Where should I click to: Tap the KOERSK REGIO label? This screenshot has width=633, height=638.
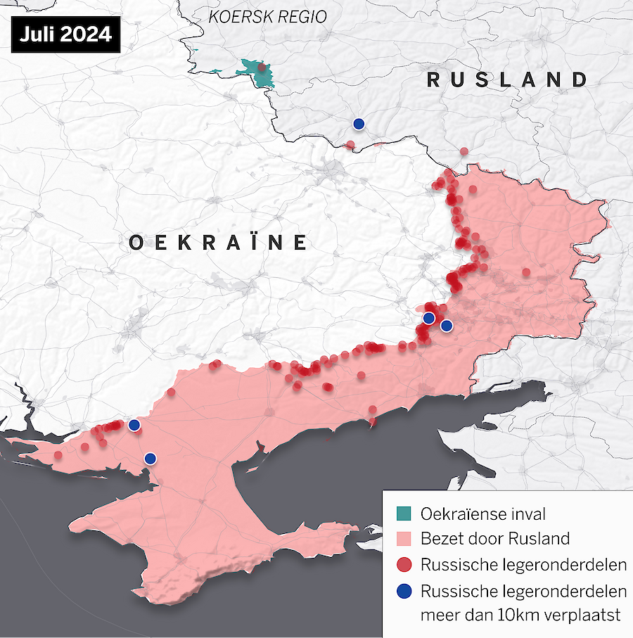(x=268, y=16)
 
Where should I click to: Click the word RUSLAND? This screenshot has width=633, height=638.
(x=507, y=79)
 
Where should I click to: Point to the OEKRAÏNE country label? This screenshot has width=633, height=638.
(x=219, y=243)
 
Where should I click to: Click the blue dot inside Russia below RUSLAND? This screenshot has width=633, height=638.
(x=359, y=124)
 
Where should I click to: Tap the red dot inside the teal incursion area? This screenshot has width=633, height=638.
(x=262, y=68)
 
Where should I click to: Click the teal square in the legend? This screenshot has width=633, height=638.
(x=403, y=514)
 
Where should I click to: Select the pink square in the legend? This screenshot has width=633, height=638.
(x=403, y=540)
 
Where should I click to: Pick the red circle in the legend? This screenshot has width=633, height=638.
(x=403, y=565)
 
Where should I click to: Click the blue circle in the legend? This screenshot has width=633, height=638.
(x=403, y=591)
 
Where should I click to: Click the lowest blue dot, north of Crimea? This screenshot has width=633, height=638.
(x=150, y=459)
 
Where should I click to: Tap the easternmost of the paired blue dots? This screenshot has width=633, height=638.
(x=446, y=325)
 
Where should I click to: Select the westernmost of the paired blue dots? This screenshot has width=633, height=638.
(x=428, y=318)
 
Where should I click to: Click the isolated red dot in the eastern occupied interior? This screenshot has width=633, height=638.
(x=526, y=272)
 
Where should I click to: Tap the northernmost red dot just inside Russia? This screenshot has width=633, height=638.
(x=463, y=151)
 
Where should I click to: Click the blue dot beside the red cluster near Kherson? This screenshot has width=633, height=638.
(x=134, y=425)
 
